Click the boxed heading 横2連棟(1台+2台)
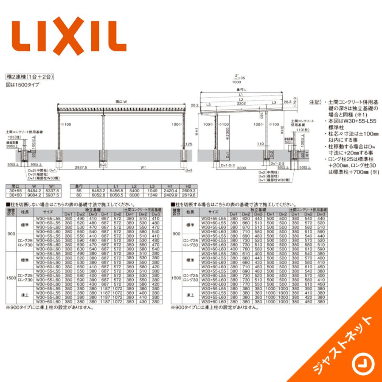[29, 77]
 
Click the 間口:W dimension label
[121, 102]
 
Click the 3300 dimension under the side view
[241, 168]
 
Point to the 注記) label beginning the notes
[315, 102]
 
